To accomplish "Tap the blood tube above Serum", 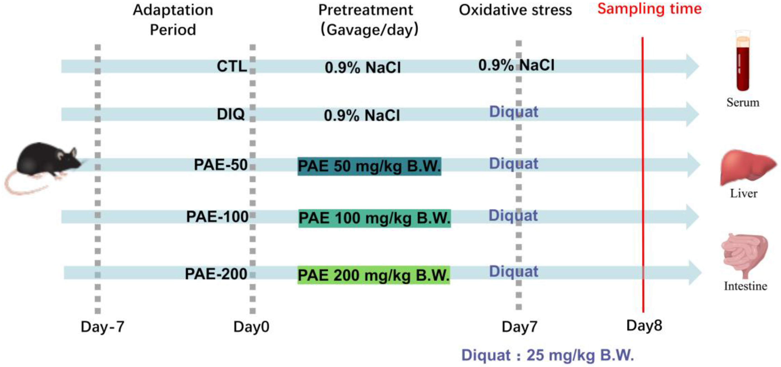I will pyautogui.click(x=743, y=62).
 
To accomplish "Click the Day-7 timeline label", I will pyautogui.click(x=103, y=327).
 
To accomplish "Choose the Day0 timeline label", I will pyautogui.click(x=251, y=327).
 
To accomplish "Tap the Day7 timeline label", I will pyautogui.click(x=519, y=327).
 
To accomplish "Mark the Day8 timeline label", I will pyautogui.click(x=644, y=326).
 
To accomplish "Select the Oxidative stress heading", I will pyautogui.click(x=515, y=10).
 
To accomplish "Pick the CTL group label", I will pyautogui.click(x=232, y=66).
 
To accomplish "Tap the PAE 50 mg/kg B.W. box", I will pyautogui.click(x=369, y=166).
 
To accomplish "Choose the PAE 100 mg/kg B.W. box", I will pyautogui.click(x=375, y=218).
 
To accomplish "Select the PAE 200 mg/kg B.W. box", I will pyautogui.click(x=374, y=275).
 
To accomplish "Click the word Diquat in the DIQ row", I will pyautogui.click(x=514, y=112).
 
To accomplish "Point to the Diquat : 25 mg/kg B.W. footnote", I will pyautogui.click(x=548, y=355).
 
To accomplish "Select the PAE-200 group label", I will pyautogui.click(x=216, y=274).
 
